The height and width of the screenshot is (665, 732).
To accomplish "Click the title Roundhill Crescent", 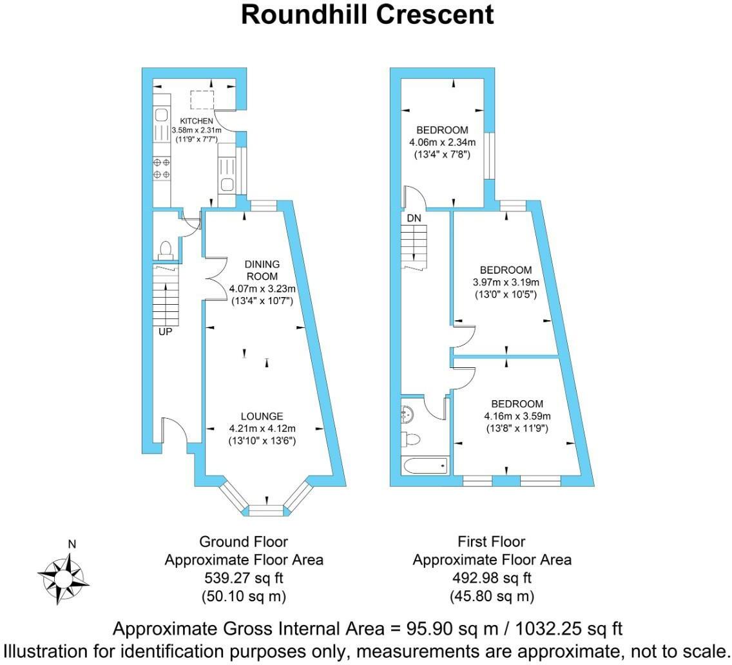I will point(367,15).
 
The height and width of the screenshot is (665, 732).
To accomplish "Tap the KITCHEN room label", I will point(196,121).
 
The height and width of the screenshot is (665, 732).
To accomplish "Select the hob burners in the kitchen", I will point(162,168).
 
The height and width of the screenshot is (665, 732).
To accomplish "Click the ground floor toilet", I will point(165,248).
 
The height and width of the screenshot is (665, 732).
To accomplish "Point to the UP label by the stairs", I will point(166,332).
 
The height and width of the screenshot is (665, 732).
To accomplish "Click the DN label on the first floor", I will point(414,218).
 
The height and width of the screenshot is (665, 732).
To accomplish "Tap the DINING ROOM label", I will point(262,270).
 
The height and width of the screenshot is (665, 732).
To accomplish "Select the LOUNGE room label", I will point(262,417).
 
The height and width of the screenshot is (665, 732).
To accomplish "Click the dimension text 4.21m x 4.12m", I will point(262,429).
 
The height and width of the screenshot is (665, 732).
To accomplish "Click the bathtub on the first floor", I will point(425,464).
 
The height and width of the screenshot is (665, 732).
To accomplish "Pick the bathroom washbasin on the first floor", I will point(408,412).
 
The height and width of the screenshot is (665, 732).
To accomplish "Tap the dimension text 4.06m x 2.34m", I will point(442,142).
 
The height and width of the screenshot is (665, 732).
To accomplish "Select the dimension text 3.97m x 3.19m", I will point(506,283).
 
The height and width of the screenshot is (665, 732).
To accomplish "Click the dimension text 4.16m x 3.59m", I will point(517,416).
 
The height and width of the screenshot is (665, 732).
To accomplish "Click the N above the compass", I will point(72,545).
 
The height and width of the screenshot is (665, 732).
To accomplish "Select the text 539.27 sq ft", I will point(244,578).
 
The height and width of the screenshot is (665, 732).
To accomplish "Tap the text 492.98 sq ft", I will point(492,578).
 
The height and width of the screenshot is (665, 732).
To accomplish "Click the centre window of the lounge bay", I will point(265,510).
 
